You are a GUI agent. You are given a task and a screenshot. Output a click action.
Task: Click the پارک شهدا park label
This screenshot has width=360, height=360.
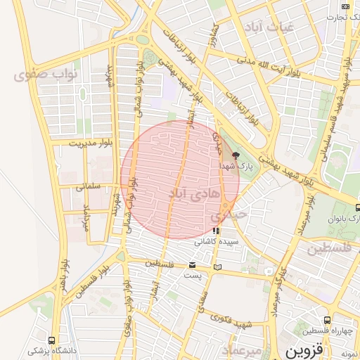(235, 166)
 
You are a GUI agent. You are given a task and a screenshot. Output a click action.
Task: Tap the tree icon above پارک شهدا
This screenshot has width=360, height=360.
(236, 155)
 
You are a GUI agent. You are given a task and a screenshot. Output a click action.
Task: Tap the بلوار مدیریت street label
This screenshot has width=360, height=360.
(90, 143)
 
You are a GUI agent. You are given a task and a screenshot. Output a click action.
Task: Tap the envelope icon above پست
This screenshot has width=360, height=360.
(193, 265)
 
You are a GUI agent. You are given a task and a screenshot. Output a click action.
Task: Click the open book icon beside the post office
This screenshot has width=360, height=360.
(218, 266)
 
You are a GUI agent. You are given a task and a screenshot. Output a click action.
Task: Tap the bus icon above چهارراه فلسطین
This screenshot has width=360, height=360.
(327, 321)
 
